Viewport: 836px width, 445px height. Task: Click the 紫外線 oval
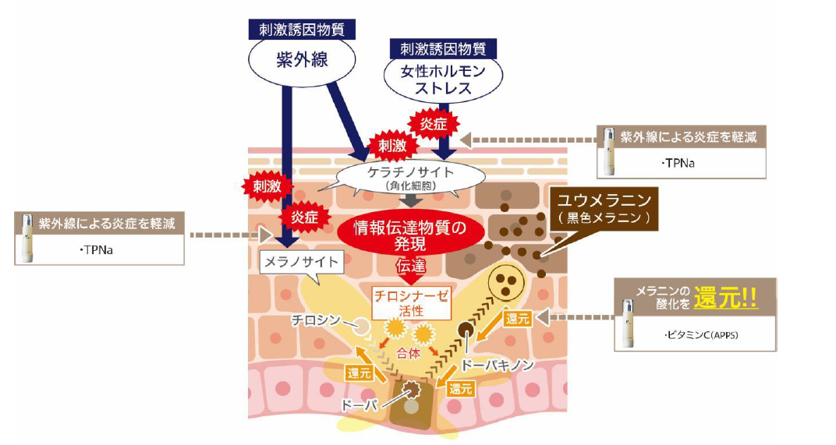(302, 60)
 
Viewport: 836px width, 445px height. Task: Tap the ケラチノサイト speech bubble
(411, 177)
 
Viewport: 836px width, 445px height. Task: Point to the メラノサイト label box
(301, 262)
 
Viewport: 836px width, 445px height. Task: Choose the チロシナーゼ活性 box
(411, 303)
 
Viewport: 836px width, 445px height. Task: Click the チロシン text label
(315, 320)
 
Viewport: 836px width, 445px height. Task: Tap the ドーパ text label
(358, 405)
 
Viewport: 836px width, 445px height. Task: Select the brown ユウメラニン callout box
(604, 209)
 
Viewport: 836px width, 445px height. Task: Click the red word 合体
(409, 353)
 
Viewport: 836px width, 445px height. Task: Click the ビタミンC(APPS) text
(701, 335)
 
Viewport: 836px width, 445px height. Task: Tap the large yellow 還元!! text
(725, 298)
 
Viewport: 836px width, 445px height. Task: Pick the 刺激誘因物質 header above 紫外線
(302, 30)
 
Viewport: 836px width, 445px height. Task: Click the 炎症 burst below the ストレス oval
(433, 124)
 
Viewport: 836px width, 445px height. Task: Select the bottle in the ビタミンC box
(629, 323)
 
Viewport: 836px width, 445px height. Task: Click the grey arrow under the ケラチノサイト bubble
(411, 200)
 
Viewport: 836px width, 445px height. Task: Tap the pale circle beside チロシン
(362, 326)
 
